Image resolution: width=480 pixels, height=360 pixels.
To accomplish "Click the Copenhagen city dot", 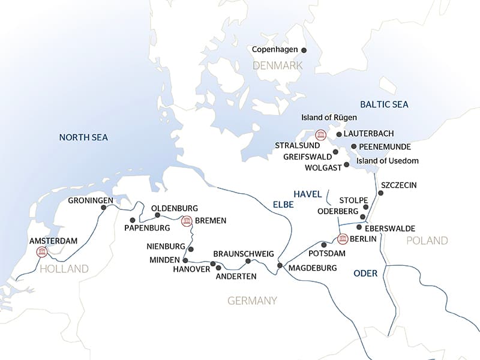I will (x=304, y=50).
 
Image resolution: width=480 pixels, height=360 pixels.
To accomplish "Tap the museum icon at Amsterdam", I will (x=42, y=252).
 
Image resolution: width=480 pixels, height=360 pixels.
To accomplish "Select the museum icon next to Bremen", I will (x=187, y=221).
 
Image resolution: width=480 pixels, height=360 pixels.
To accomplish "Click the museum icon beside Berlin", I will (x=343, y=239).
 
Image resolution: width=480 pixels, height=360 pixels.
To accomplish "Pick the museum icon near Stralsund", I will (x=320, y=134).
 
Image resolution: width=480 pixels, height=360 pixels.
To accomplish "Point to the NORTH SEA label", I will (x=83, y=137).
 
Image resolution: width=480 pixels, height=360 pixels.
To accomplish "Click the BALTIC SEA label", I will (x=384, y=104).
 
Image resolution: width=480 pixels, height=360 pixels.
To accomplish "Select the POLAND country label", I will (x=427, y=241).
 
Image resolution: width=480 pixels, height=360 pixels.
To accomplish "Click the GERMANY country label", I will (x=252, y=301).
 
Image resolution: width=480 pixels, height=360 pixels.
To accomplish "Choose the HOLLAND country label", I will (x=64, y=269).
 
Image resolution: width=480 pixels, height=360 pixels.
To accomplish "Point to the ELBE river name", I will (x=283, y=205).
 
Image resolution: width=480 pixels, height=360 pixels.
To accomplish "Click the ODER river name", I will (x=365, y=274).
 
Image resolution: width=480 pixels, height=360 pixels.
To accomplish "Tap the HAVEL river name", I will (x=308, y=193).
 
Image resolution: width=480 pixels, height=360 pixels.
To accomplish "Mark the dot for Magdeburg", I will (x=280, y=265).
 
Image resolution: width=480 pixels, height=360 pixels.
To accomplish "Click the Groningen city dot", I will (x=103, y=208).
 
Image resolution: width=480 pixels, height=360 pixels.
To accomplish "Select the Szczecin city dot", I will (x=380, y=193).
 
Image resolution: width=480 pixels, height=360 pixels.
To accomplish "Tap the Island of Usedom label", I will (x=388, y=161).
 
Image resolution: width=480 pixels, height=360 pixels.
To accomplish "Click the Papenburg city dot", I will (x=133, y=220).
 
